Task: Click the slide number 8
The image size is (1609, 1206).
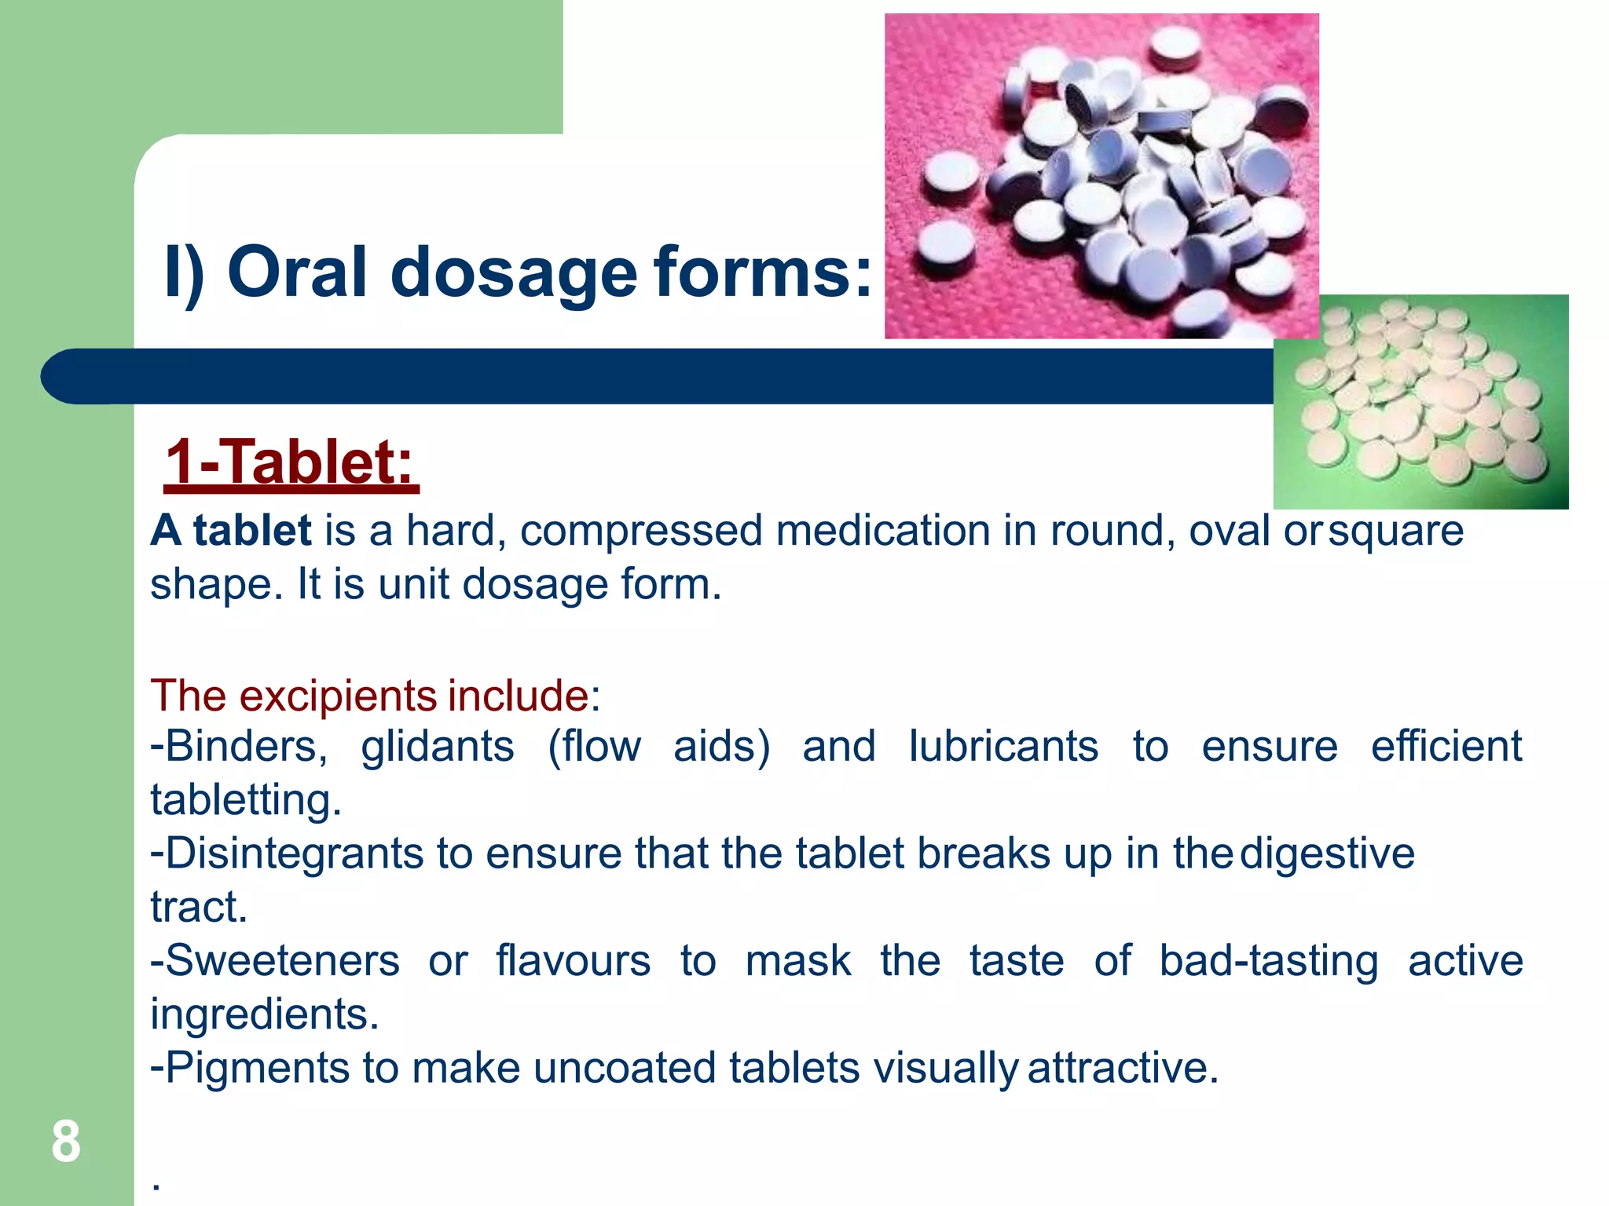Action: pos(66,1142)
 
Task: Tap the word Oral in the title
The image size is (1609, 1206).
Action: pos(297,272)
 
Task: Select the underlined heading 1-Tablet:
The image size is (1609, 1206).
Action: pos(291,463)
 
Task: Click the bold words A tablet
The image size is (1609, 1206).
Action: pos(231,531)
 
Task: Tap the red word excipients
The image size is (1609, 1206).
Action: pos(338,696)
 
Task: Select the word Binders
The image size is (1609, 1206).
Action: pos(240,746)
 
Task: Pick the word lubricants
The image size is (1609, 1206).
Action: pos(1003,746)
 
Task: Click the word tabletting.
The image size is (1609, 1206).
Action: pos(245,801)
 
